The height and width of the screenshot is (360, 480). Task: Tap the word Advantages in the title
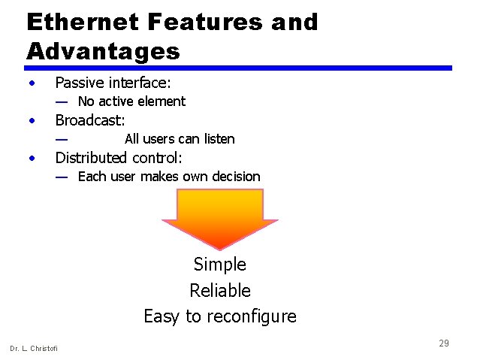click(x=103, y=52)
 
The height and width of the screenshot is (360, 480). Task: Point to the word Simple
click(x=219, y=265)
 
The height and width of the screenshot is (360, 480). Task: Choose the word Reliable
click(x=219, y=291)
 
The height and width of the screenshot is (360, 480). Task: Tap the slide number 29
click(x=444, y=343)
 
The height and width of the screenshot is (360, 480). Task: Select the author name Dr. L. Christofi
click(x=34, y=348)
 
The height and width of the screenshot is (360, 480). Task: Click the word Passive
click(x=80, y=82)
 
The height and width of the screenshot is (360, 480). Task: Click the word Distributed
click(x=92, y=158)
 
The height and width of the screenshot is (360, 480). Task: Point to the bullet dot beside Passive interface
click(x=32, y=82)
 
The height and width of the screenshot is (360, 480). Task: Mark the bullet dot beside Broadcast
click(x=32, y=120)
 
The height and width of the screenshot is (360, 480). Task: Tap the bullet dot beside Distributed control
click(x=32, y=158)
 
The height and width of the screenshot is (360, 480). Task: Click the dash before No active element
click(x=62, y=101)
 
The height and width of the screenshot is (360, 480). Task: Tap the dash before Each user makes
click(x=62, y=177)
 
